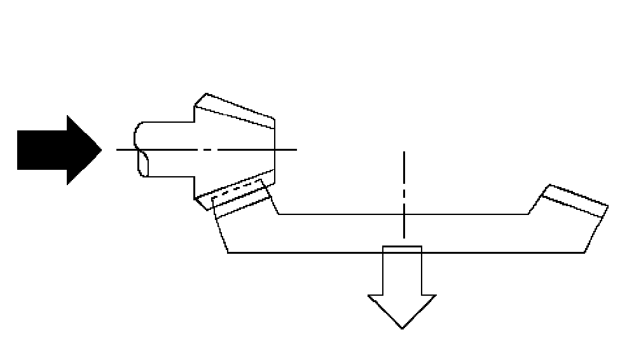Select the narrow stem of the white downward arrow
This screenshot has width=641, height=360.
pyautogui.click(x=401, y=270)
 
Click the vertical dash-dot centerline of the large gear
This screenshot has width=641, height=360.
pyautogui.click(x=403, y=191)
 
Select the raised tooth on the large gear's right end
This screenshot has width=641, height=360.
pyautogui.click(x=576, y=200)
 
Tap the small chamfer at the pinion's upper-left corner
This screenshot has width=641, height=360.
pyautogui.click(x=199, y=100)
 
